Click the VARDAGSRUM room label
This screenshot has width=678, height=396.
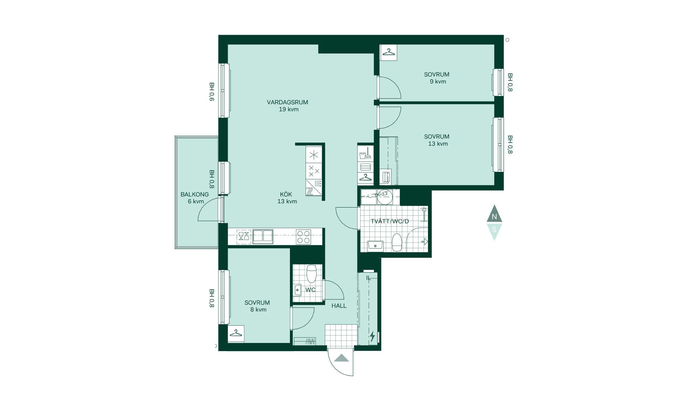(287, 102)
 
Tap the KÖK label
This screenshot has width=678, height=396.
(286, 194)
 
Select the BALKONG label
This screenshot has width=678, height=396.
(195, 194)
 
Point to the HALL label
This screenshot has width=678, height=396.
(339, 306)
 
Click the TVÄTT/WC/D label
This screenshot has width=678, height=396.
(390, 221)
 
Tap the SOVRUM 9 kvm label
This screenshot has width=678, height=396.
(437, 78)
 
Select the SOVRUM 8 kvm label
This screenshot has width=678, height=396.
(257, 306)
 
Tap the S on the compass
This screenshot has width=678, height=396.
(494, 229)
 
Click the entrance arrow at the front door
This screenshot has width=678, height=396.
(341, 358)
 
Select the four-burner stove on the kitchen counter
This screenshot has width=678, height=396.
(303, 237)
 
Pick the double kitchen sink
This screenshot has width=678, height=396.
(263, 236)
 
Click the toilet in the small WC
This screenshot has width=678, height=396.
(311, 274)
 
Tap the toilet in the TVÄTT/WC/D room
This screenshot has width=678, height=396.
(397, 242)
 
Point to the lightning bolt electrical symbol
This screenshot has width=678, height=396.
(372, 336)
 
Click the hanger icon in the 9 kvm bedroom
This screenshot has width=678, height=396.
(388, 52)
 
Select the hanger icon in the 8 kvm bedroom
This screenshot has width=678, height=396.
(236, 333)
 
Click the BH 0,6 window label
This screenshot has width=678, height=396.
(212, 92)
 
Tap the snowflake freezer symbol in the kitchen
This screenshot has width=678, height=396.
(314, 155)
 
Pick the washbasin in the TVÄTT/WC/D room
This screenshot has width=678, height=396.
(375, 245)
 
